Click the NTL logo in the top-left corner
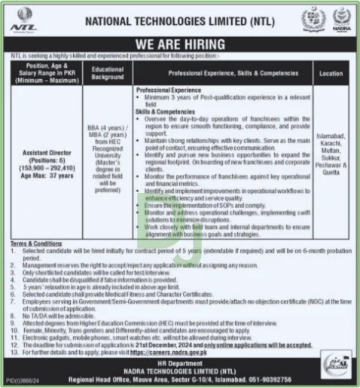click(x=24, y=18)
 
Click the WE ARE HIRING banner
click(x=180, y=45)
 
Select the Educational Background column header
click(x=108, y=72)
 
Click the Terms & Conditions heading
click(x=35, y=244)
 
